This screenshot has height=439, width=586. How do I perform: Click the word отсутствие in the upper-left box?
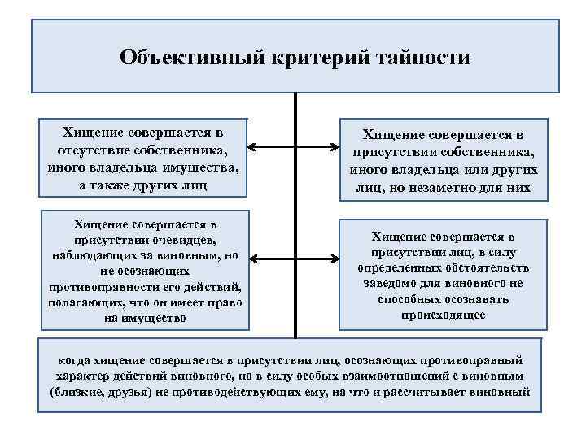tap(95, 150)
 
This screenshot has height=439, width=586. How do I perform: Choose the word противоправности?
tap(99, 287)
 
